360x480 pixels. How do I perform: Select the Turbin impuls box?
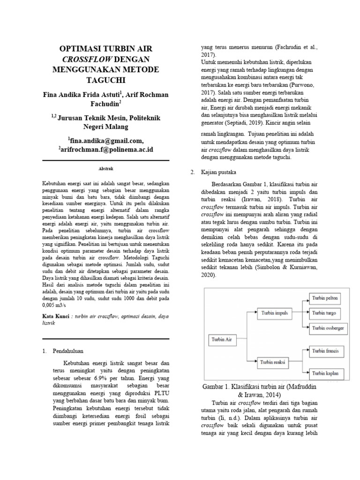coord(275,312)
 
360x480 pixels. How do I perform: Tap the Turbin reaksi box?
coord(275,361)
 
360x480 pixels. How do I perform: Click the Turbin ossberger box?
coord(328,329)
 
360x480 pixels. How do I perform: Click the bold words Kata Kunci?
coord(56,317)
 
